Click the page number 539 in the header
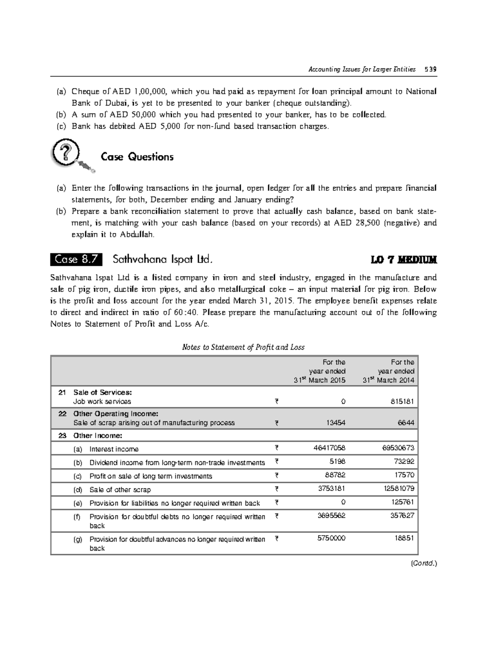pos(430,69)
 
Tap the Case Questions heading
pos(137,157)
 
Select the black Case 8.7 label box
pos(76,259)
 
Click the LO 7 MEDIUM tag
pos(404,260)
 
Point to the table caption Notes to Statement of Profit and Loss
pos(243,347)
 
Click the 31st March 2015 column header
pos(320,371)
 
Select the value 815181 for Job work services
pos(401,402)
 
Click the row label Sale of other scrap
pos(120,490)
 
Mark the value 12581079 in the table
pos(398,489)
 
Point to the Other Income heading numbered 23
pos(97,436)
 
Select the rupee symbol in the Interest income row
pos(276,448)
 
